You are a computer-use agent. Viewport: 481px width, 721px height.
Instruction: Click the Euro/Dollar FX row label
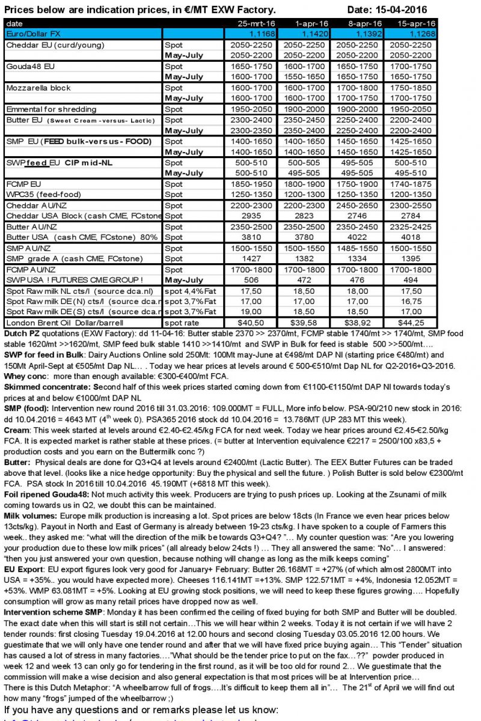point(31,34)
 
